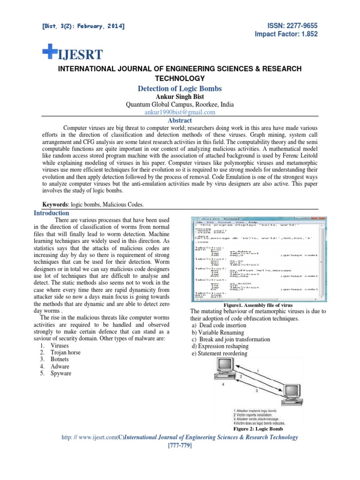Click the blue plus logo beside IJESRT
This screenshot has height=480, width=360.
click(x=49, y=53)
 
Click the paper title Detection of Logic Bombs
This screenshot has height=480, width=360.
click(x=180, y=89)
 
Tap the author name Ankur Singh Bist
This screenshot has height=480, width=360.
click(x=180, y=97)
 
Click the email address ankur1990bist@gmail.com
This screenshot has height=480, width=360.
click(x=180, y=112)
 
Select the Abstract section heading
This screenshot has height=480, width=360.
click(x=180, y=120)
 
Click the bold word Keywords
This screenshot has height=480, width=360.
click(x=55, y=205)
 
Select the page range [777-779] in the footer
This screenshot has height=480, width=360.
click(x=180, y=445)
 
